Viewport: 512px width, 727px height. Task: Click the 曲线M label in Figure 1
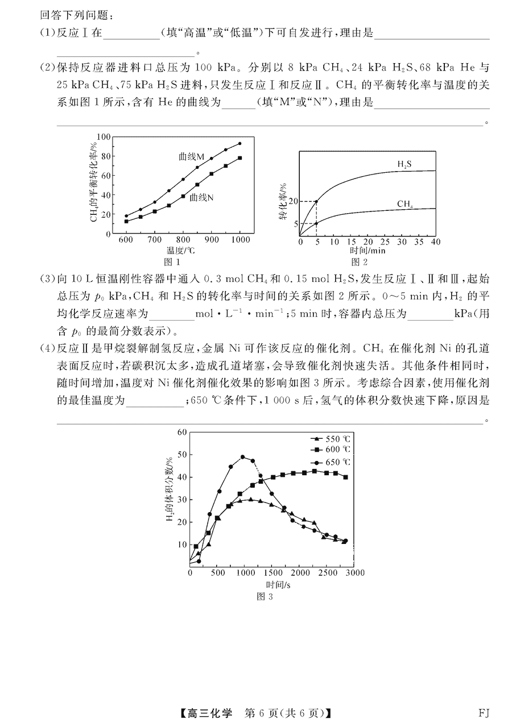191,157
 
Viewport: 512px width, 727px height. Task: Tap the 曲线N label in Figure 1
201,197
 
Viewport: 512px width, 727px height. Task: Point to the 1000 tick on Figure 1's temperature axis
240,240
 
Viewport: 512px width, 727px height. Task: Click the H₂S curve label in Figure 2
404,164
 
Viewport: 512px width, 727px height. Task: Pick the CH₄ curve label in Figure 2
405,204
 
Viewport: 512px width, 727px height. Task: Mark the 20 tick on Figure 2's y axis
294,201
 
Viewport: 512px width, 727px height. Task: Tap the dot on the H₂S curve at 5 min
316,201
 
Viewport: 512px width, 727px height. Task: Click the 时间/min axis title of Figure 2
368,251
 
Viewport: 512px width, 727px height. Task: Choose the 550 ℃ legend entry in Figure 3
331,439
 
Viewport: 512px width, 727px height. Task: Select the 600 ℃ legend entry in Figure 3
331,450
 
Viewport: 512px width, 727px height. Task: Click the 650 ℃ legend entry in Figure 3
331,462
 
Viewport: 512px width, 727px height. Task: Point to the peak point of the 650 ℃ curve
243,457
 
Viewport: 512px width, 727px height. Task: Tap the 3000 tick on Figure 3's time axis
355,573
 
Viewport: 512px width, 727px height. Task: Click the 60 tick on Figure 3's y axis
182,432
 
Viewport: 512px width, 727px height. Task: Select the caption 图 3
265,596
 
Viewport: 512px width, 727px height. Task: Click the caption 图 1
172,262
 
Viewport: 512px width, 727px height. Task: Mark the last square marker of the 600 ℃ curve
345,477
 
